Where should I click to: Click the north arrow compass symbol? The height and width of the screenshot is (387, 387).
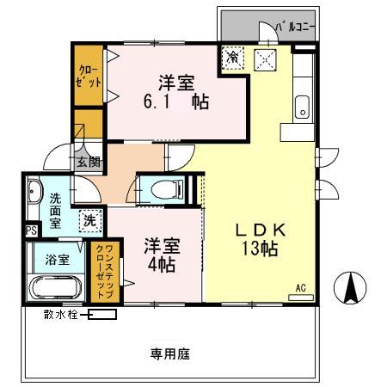[x=352, y=287]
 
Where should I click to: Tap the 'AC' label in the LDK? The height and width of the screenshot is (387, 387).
[x=301, y=287]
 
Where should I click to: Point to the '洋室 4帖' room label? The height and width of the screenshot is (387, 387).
[x=160, y=254]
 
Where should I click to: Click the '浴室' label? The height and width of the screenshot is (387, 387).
[x=58, y=260]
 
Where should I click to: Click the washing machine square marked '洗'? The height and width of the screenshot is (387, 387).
[x=89, y=220]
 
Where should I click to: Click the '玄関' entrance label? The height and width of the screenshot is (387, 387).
[x=88, y=161]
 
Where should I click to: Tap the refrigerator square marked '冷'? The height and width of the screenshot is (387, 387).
[x=233, y=58]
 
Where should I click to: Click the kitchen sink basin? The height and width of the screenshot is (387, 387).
[x=301, y=108]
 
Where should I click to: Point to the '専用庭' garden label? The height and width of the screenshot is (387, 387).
[x=169, y=353]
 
